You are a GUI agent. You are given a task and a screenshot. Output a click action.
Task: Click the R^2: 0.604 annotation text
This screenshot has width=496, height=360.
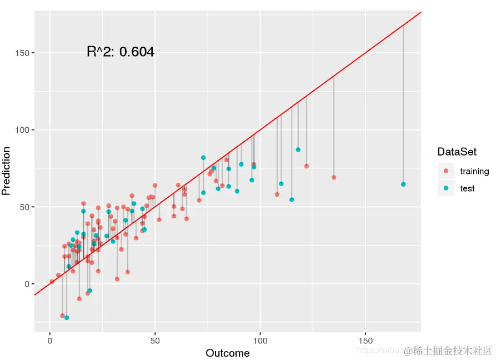click(121, 52)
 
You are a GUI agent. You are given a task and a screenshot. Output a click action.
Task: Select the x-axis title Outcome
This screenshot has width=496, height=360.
click(228, 353)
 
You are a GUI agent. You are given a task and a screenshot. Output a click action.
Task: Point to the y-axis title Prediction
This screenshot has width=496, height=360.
click(6, 171)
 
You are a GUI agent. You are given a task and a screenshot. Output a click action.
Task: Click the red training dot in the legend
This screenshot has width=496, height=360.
click(446, 171)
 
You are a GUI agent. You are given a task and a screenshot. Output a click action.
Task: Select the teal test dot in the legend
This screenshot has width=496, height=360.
click(446, 188)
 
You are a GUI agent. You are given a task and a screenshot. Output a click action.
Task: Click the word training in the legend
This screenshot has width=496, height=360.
click(474, 171)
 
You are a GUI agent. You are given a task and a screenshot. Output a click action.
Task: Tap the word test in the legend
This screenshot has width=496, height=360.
click(468, 189)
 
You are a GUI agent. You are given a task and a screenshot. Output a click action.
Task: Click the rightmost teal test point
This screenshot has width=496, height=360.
click(403, 184)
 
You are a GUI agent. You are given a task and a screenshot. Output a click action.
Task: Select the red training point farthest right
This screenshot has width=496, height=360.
click(334, 177)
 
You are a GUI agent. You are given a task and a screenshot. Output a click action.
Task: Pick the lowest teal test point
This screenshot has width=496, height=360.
click(67, 318)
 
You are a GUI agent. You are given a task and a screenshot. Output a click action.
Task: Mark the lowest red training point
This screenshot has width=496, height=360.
click(63, 316)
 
